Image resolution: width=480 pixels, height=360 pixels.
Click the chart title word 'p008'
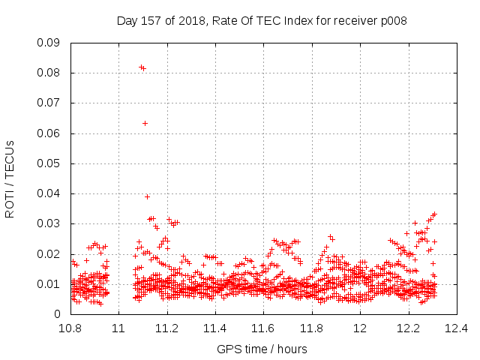pyautogui.click(x=394, y=21)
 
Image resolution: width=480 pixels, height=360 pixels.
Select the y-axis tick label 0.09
pyautogui.click(x=48, y=43)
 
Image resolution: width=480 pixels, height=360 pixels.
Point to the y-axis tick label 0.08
pyautogui.click(x=48, y=73)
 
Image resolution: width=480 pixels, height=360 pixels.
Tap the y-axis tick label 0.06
pyautogui.click(x=48, y=133)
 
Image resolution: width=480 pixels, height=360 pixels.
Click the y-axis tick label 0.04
pyautogui.click(x=48, y=193)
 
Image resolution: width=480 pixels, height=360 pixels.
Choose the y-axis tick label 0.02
pyautogui.click(x=48, y=254)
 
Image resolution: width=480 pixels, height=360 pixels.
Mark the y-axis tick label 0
pyautogui.click(x=57, y=314)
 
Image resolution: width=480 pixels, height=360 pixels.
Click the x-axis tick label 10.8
pyautogui.click(x=70, y=328)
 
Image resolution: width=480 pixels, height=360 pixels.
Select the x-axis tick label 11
pyautogui.click(x=118, y=328)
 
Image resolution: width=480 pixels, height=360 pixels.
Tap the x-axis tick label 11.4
pyautogui.click(x=215, y=328)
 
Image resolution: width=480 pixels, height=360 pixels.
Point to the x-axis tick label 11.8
pyautogui.click(x=312, y=328)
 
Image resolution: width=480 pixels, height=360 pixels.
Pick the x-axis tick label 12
pyautogui.click(x=360, y=328)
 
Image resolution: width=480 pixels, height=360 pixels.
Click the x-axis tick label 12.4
pyautogui.click(x=457, y=328)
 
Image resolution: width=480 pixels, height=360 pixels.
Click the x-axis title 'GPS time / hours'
pyautogui.click(x=262, y=349)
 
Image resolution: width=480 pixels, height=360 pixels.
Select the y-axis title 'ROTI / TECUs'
pyautogui.click(x=10, y=179)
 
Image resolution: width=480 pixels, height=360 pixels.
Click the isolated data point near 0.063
pyautogui.click(x=145, y=123)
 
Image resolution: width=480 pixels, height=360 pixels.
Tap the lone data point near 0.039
pyautogui.click(x=147, y=196)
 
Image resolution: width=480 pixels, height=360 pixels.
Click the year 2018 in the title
pyautogui.click(x=192, y=21)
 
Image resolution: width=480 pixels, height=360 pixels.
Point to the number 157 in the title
pyautogui.click(x=151, y=21)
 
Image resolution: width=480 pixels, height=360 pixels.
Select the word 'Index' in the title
pyautogui.click(x=298, y=21)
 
